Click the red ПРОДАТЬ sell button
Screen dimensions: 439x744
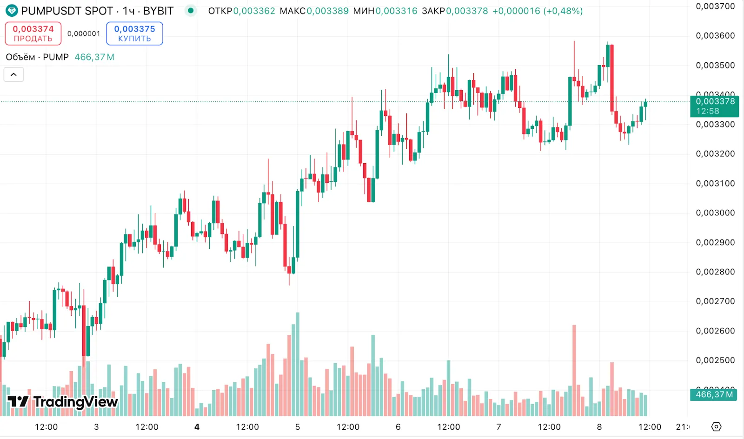[x=33, y=33]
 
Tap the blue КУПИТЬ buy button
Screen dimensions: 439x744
[x=134, y=33]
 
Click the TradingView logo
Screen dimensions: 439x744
[x=63, y=402]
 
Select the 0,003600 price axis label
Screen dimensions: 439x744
[x=715, y=36]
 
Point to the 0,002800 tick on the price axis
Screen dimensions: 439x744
[x=715, y=272]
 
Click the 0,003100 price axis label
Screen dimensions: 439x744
[x=715, y=183]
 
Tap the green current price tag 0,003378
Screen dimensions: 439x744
[x=715, y=106]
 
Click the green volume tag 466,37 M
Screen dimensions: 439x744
[x=714, y=394]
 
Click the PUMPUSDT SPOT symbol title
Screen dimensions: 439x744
[x=67, y=11]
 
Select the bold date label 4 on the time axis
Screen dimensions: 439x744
[x=197, y=427]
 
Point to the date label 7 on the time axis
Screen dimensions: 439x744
[x=498, y=427]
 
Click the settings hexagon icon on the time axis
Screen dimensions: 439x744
[x=716, y=426]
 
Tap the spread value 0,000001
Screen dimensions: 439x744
[x=84, y=33]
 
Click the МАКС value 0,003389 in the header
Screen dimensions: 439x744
[x=327, y=11]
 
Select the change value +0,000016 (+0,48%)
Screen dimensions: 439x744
[x=537, y=11]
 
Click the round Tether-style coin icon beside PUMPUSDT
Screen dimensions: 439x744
[x=12, y=11]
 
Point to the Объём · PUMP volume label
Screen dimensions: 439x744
[x=37, y=57]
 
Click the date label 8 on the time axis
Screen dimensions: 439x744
[x=599, y=427]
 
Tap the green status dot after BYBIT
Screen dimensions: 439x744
[x=190, y=10]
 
